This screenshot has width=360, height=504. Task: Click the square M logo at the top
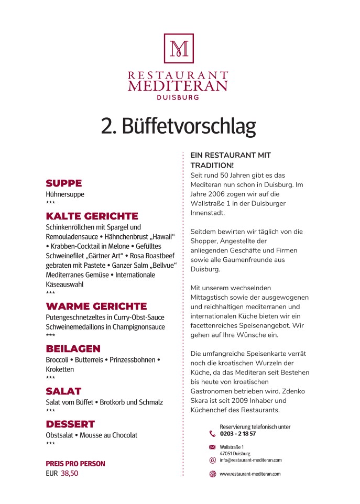179,49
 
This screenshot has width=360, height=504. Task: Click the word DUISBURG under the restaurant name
178,97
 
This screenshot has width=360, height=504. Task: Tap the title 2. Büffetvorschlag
178,127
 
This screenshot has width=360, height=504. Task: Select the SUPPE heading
64,183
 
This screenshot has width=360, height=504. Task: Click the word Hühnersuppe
65,194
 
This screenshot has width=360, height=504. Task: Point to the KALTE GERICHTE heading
92,216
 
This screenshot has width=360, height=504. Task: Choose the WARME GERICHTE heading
96,306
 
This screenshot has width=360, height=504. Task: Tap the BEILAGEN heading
73,349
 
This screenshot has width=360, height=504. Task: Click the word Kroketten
60,369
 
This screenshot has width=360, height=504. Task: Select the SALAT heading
64,391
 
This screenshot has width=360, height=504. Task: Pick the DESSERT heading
70,424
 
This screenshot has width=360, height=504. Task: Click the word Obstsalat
60,435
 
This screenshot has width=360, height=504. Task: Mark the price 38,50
70,473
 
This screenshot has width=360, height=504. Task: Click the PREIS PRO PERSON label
75,464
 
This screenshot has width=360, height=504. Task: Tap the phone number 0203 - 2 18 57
238,434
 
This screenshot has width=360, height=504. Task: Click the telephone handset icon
212,433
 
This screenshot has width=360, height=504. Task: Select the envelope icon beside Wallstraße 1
212,447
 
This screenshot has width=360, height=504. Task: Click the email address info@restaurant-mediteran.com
250,460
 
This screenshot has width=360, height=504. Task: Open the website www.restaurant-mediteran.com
250,474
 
